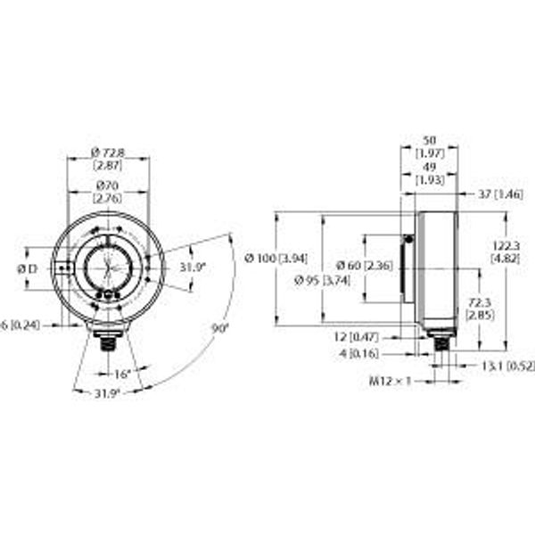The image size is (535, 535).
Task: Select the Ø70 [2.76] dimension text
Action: pyautogui.click(x=108, y=190)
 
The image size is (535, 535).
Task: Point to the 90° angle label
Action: pyautogui.click(x=220, y=328)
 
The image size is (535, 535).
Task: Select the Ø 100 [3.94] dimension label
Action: pyautogui.click(x=275, y=259)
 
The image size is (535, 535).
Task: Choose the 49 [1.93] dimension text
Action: pyautogui.click(x=429, y=174)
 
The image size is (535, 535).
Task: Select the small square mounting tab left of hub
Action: pyautogui.click(x=62, y=267)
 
